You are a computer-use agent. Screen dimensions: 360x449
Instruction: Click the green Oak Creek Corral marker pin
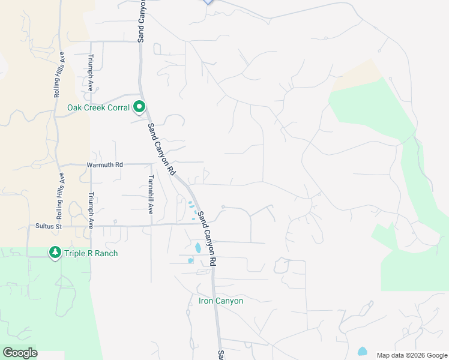coord(140,107)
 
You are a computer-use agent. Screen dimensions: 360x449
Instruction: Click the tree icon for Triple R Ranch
coord(55,253)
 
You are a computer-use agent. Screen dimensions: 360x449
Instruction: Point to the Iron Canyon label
coord(221,301)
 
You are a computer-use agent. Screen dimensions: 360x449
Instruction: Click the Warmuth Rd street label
coord(104,164)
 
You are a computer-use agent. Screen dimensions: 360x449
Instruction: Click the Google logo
coord(20,353)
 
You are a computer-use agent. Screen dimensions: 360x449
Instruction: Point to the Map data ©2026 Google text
coord(411,355)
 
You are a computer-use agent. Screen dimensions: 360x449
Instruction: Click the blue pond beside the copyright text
coord(362,351)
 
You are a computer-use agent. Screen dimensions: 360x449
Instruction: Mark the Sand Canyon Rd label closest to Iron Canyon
coord(207,239)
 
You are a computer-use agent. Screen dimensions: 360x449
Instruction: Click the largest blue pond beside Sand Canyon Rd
coord(197,247)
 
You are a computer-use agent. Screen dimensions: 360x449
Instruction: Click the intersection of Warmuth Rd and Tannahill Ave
coord(150,164)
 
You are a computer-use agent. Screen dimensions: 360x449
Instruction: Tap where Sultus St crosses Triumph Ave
coord(91,226)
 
